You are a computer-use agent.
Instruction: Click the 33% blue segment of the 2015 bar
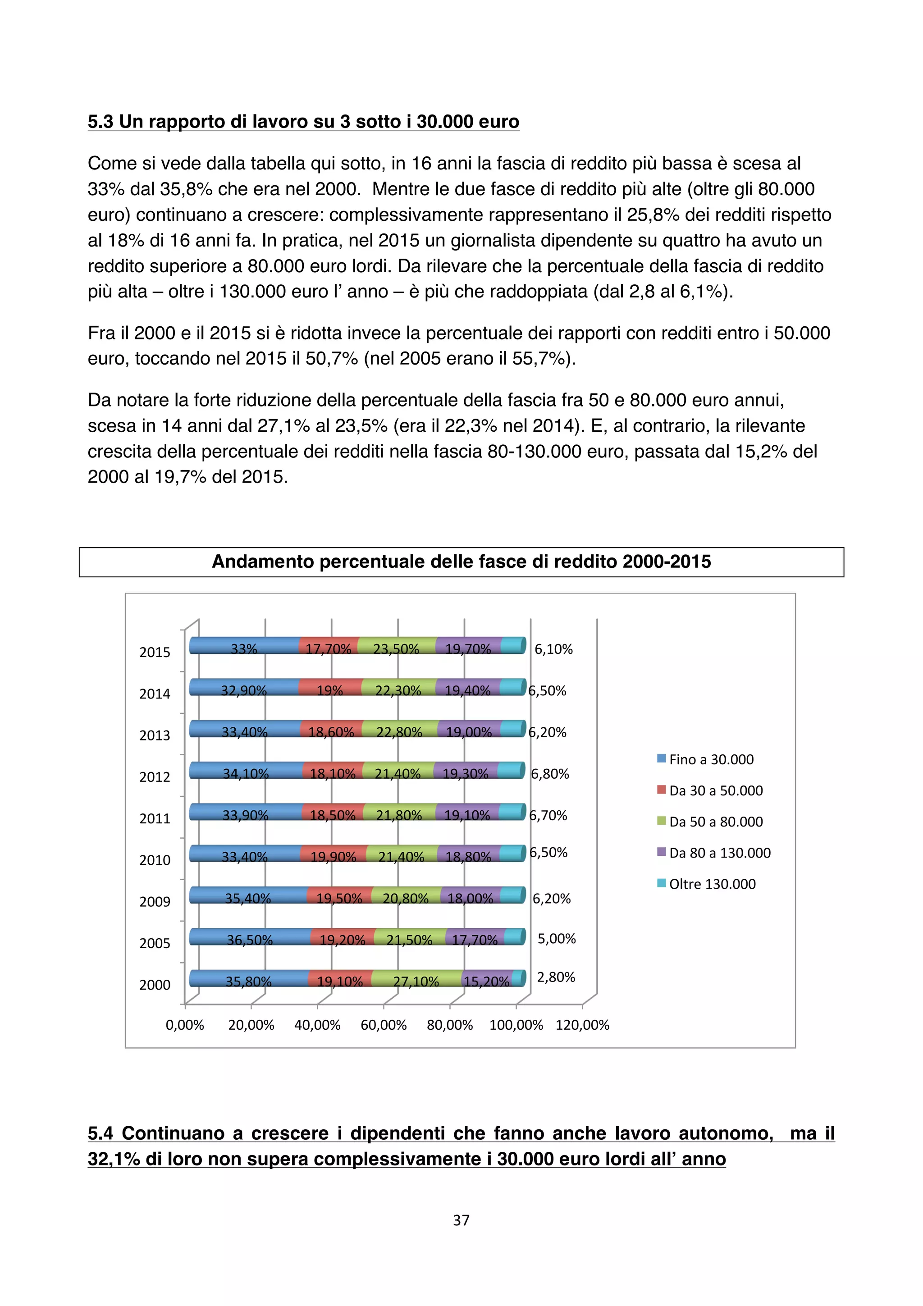tap(243, 647)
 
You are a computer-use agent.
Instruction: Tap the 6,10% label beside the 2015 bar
tap(553, 649)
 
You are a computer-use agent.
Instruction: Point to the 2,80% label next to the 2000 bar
tap(556, 977)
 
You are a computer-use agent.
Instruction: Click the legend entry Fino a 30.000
tap(710, 759)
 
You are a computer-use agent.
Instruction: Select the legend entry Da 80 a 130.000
tap(719, 853)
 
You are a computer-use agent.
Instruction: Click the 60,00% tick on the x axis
tap(383, 1025)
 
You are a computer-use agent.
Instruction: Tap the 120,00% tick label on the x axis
tap(582, 1025)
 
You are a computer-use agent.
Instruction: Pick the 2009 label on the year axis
tap(155, 902)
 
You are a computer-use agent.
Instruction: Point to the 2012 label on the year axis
tap(155, 777)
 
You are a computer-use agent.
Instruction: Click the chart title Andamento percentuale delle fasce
tap(461, 562)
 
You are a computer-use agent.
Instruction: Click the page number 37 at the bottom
tap(461, 1220)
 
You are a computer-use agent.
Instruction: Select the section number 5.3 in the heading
tap(101, 121)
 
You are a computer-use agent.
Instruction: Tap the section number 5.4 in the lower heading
tap(101, 1133)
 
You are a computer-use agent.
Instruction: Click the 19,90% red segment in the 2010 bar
tap(333, 855)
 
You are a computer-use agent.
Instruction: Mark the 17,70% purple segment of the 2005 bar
tap(474, 939)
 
